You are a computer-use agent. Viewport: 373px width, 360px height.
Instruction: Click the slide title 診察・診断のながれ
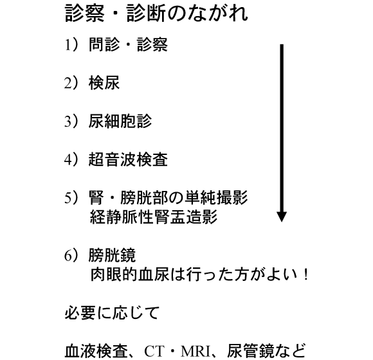156,14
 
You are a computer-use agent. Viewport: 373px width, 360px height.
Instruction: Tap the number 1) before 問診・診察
71,45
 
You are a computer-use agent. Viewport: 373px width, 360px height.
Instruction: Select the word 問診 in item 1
104,45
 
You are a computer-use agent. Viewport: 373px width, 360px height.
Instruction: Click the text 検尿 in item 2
104,83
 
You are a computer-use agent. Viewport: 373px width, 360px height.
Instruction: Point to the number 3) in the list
71,121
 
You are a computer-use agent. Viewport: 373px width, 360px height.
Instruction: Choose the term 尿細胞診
120,121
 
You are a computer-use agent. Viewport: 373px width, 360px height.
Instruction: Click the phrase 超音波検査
128,159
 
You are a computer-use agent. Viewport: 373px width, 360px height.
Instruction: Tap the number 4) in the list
71,159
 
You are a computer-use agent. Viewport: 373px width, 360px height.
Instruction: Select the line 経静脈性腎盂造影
154,217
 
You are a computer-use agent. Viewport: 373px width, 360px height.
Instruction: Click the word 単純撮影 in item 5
216,197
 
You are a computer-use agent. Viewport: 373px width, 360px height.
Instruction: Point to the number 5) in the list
71,197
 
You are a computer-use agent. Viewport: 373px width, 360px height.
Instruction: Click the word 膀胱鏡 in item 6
112,255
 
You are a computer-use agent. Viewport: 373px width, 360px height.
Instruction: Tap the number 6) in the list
71,255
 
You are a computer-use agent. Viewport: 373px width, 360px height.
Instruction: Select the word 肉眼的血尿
130,274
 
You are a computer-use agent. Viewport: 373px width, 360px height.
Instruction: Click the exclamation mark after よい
306,274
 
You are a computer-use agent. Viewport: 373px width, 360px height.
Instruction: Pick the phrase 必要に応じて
112,312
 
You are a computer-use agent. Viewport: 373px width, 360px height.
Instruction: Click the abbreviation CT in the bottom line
154,351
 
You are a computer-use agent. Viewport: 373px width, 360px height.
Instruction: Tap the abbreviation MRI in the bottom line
196,351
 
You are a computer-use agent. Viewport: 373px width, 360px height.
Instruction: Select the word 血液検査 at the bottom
96,351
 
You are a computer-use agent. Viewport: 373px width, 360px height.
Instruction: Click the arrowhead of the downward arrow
282,217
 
